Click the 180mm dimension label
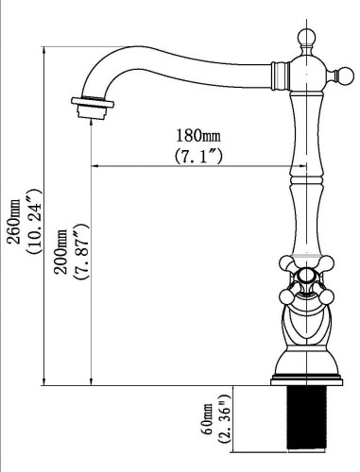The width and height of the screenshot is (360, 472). tap(198, 136)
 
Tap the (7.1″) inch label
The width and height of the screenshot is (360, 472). tap(198, 156)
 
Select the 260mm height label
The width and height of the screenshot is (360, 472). tap(14, 222)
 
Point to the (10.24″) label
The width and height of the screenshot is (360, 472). tap(34, 222)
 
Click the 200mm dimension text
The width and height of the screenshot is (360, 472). tap(60, 252)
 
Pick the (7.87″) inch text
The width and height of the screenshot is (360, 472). tap(80, 252)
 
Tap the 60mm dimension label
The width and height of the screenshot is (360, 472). tap(208, 419)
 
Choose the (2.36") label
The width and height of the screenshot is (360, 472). tap(226, 419)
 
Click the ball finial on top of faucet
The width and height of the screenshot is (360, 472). tap(306, 38)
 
